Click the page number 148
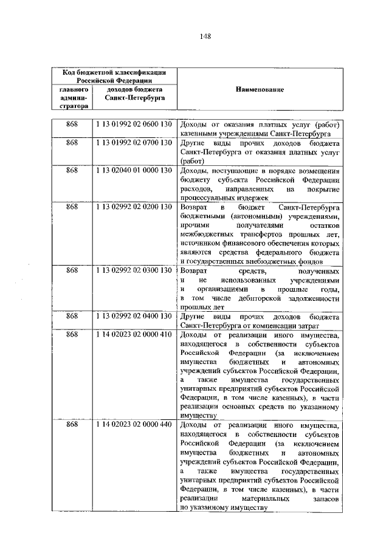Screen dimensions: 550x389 [205, 36]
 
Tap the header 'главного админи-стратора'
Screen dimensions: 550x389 [73, 97]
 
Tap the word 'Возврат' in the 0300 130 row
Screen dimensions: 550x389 [194, 270]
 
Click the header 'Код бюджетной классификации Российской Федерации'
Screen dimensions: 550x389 [110, 75]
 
